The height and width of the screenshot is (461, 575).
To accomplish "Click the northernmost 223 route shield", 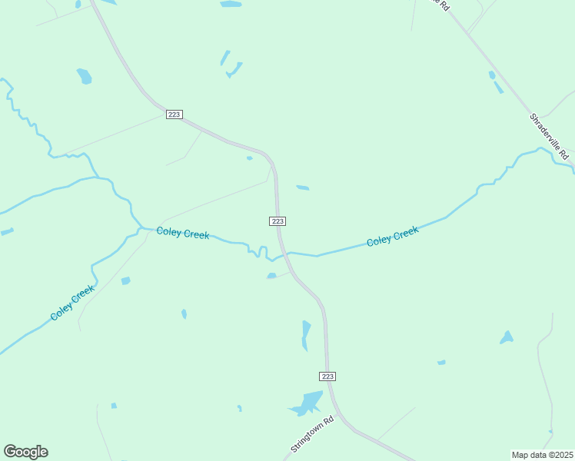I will (x=174, y=114).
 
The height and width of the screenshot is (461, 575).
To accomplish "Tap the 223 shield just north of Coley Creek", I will (x=278, y=221).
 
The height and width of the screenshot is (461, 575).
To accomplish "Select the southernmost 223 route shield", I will (x=327, y=376).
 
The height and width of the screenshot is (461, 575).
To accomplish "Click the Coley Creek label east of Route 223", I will (x=392, y=237).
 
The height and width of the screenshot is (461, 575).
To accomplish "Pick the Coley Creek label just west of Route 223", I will (x=183, y=233).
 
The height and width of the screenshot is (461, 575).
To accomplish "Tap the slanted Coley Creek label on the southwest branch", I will (x=72, y=303).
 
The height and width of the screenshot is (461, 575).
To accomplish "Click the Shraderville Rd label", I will (x=548, y=134).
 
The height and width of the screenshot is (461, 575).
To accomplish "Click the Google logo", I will (x=25, y=452).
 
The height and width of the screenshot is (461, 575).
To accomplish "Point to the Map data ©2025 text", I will (x=542, y=455).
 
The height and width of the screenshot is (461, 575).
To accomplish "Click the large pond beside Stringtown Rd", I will (x=307, y=403).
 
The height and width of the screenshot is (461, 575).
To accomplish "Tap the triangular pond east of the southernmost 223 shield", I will (x=506, y=337).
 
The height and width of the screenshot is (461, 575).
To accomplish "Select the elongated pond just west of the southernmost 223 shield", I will (x=306, y=334).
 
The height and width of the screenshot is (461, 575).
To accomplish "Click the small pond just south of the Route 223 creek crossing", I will (x=271, y=276).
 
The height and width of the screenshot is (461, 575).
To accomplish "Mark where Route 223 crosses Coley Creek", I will (x=284, y=253).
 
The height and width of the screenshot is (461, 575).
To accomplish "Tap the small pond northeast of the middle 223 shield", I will (x=303, y=187).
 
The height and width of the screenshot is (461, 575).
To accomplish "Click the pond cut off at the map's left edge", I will (x=6, y=231).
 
